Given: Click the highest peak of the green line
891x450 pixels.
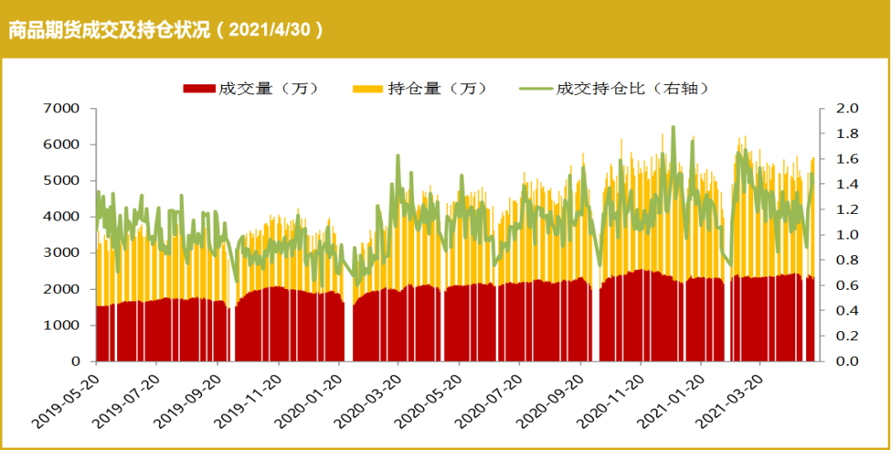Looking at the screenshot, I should (x=673, y=126).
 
